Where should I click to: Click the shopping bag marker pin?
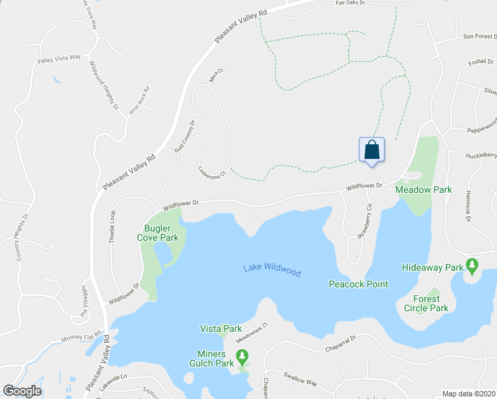point(371,150)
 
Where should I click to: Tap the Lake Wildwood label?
point(272,270)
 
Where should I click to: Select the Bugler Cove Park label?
point(157,232)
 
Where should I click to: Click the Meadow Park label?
point(423,190)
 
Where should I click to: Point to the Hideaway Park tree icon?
point(472,266)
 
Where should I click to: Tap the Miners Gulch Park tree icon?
point(242,357)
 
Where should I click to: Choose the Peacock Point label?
point(359,284)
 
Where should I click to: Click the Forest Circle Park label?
point(426,303)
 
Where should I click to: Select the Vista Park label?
point(221,329)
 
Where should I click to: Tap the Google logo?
point(22,391)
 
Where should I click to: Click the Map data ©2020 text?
point(468,394)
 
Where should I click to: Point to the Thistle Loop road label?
point(114,225)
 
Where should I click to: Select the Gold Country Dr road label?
point(185,136)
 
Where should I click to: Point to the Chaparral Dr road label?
point(341,342)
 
